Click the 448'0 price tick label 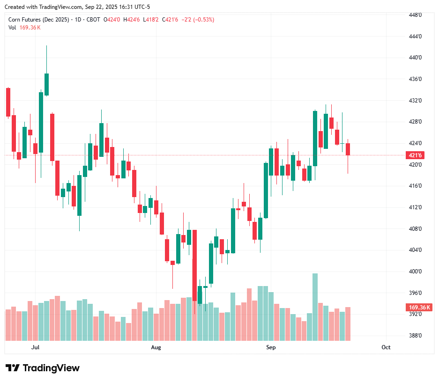[x=415, y=15]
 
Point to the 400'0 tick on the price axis [x=415, y=272]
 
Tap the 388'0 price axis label [x=415, y=336]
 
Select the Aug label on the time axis [x=156, y=347]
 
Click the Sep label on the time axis [x=271, y=347]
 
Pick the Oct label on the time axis [x=386, y=347]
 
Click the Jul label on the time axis [x=35, y=347]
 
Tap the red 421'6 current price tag [x=416, y=155]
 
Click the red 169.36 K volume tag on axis [x=419, y=308]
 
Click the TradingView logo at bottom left [x=43, y=368]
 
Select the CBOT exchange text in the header [x=93, y=20]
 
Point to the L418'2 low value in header [x=152, y=20]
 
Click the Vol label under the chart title [x=12, y=27]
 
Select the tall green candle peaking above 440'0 [x=46, y=84]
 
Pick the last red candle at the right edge [x=348, y=149]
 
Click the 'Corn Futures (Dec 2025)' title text [x=39, y=20]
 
